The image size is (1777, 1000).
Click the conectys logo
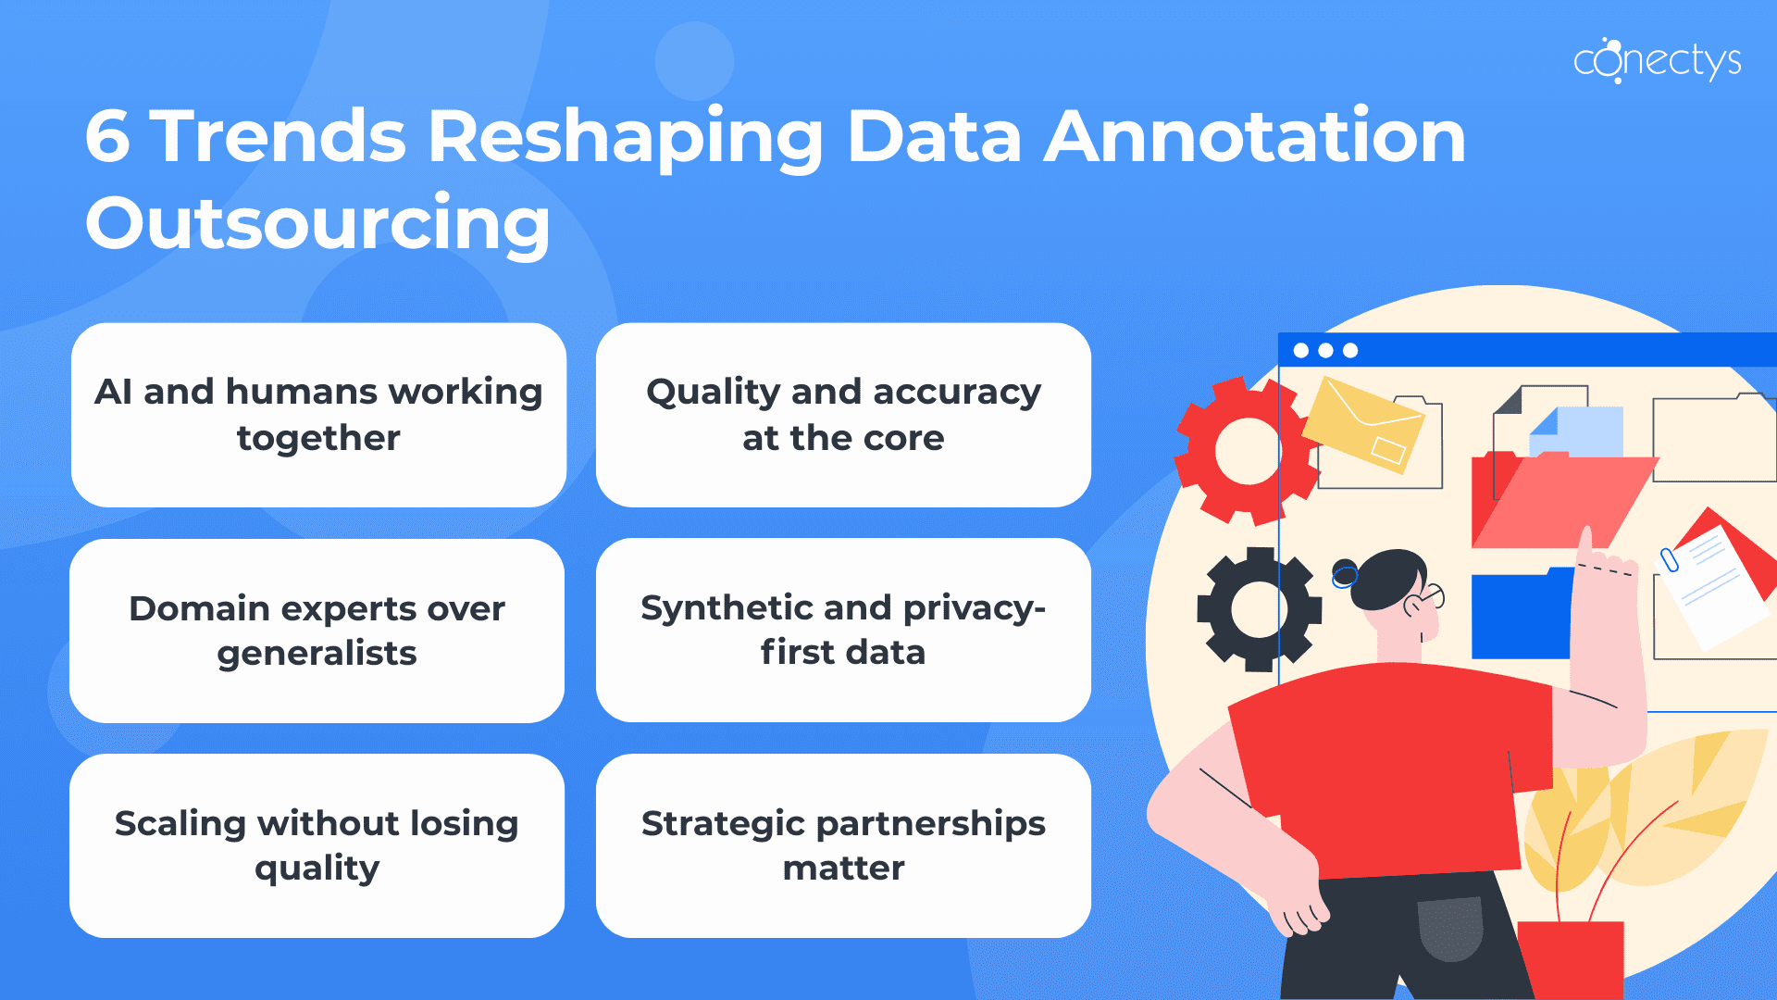click(x=1657, y=61)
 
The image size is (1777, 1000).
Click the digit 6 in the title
click(x=107, y=137)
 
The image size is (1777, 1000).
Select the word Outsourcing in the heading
click(x=317, y=223)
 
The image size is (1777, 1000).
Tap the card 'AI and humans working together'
click(x=318, y=415)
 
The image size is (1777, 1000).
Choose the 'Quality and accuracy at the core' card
click(x=843, y=415)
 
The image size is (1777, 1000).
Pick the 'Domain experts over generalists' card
click(x=317, y=631)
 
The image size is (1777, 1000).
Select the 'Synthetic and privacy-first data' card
click(x=843, y=630)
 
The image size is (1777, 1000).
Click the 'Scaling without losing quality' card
click(x=317, y=845)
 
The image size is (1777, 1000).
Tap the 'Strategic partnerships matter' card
click(x=843, y=845)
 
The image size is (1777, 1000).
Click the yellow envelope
click(x=1363, y=424)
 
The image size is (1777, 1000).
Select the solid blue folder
click(x=1521, y=616)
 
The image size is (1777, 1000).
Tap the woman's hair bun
click(x=1344, y=574)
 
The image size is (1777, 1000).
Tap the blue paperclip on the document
click(x=1669, y=560)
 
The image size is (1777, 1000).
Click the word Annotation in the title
click(x=1255, y=137)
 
